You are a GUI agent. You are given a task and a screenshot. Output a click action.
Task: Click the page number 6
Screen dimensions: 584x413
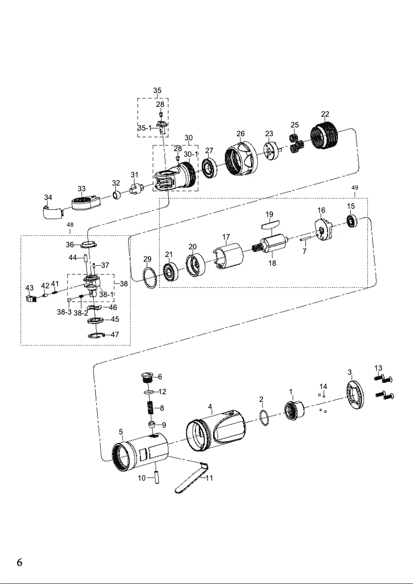tap(19, 562)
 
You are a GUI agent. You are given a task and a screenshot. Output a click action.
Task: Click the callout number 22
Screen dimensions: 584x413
tap(325, 114)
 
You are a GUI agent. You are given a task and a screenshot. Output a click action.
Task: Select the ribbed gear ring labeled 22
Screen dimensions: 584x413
tap(325, 135)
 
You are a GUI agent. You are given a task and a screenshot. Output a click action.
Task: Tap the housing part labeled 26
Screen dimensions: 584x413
tap(240, 155)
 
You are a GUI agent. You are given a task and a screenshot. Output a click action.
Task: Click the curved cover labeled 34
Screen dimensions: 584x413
tap(50, 211)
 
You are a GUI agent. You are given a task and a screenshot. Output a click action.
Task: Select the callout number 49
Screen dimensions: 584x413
tap(355, 188)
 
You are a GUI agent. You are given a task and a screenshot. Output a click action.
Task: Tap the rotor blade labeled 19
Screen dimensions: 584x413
tap(269, 224)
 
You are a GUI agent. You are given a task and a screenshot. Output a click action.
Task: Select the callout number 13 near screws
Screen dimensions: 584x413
tap(378, 368)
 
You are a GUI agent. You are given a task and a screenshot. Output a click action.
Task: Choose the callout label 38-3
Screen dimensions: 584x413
tap(64, 312)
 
